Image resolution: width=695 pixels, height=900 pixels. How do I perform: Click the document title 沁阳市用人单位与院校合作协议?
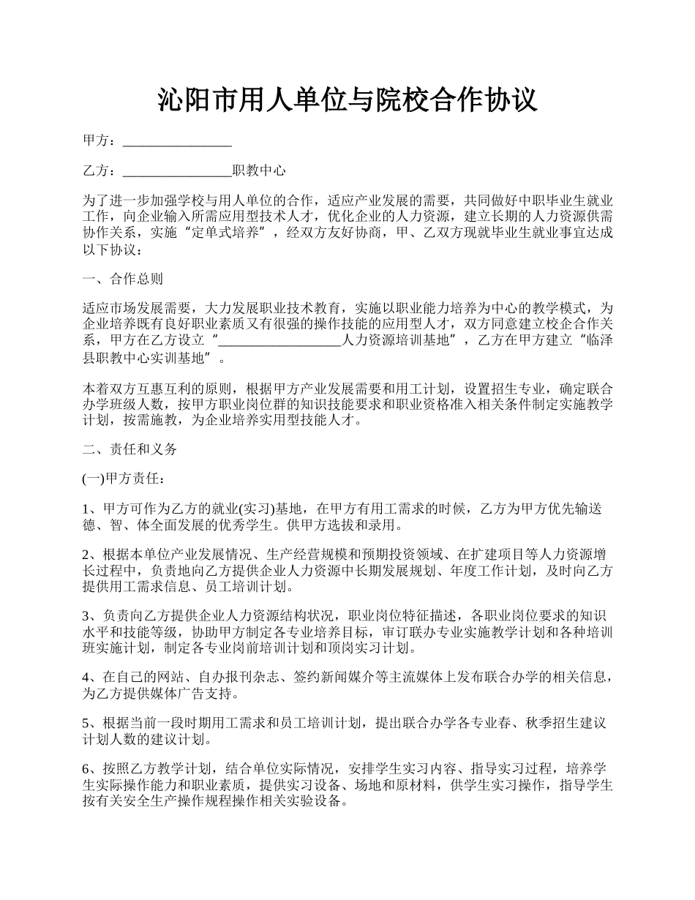[x=347, y=100]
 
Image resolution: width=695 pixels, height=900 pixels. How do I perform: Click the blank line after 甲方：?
[x=177, y=141]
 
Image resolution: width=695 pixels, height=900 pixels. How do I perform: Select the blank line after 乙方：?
[x=177, y=171]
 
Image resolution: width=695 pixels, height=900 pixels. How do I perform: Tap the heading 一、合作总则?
[x=122, y=279]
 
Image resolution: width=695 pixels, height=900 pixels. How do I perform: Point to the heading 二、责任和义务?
[x=129, y=449]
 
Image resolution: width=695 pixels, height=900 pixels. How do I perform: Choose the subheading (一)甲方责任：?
[x=124, y=479]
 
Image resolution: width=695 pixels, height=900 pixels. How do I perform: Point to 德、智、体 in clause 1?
[x=112, y=525]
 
